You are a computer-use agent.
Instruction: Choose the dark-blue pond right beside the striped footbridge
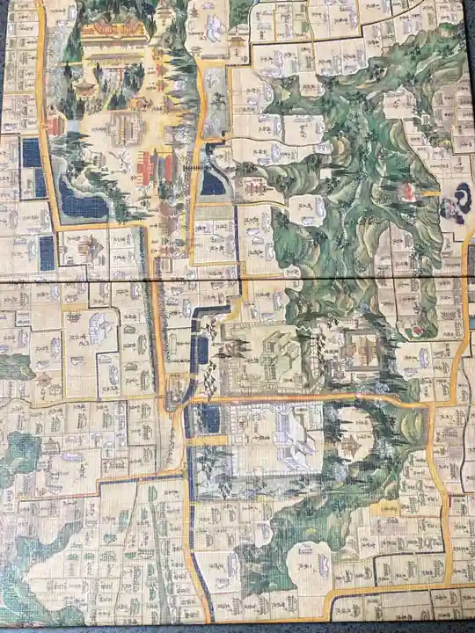pos(213,183)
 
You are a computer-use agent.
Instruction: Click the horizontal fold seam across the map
pos(237,280)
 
